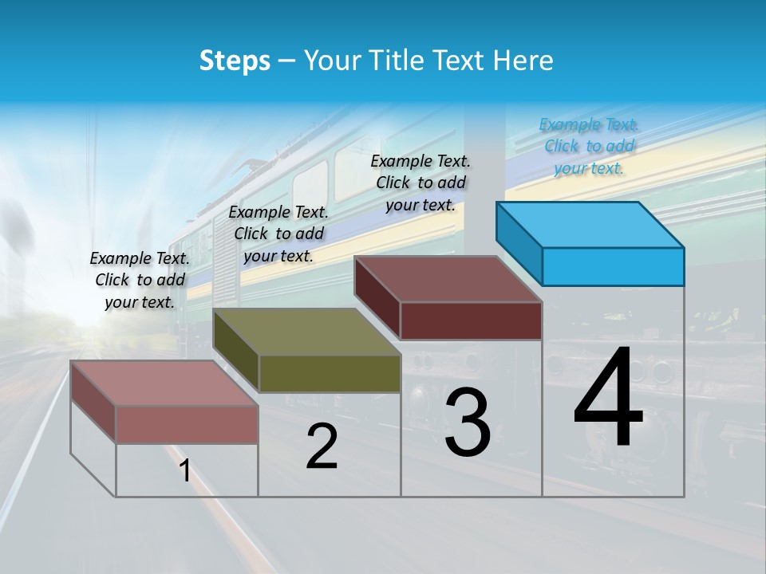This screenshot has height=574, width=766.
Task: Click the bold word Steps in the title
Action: click(x=235, y=61)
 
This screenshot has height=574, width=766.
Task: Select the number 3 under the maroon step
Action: click(x=468, y=423)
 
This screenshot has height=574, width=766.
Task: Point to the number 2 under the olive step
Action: click(x=322, y=447)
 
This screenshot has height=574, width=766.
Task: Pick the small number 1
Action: click(x=185, y=471)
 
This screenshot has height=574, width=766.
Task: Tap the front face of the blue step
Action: click(x=613, y=266)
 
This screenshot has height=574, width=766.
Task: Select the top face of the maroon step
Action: click(x=447, y=279)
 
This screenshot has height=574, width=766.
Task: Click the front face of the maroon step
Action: click(x=471, y=320)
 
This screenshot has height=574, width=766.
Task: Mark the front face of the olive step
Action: click(x=330, y=373)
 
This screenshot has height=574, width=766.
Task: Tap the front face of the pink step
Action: click(x=187, y=424)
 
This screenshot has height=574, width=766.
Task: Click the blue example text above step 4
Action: click(x=589, y=146)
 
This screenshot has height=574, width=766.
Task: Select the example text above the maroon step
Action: click(x=421, y=183)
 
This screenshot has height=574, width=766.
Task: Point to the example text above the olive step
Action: click(x=278, y=234)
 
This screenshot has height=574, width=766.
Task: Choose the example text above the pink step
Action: click(x=140, y=280)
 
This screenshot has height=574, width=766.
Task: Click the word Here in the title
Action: click(x=523, y=61)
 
